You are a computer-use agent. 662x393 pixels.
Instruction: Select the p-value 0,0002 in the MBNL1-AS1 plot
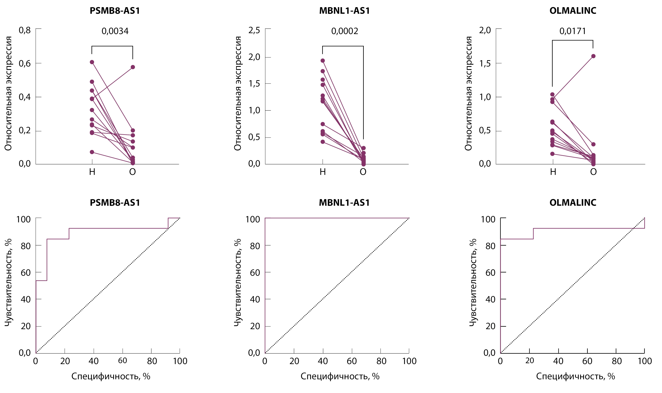pyautogui.click(x=344, y=31)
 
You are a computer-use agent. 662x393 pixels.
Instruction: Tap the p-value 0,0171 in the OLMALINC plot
pyautogui.click(x=572, y=31)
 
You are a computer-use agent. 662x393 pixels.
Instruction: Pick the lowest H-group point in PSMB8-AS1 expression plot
pyautogui.click(x=92, y=152)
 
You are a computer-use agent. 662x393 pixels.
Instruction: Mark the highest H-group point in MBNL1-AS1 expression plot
pyautogui.click(x=323, y=61)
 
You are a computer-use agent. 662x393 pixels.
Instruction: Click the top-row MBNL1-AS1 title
pyautogui.click(x=344, y=11)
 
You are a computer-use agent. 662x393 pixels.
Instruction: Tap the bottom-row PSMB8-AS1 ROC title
pyautogui.click(x=115, y=203)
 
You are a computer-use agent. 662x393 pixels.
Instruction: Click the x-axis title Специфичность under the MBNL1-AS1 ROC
pyautogui.click(x=340, y=376)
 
